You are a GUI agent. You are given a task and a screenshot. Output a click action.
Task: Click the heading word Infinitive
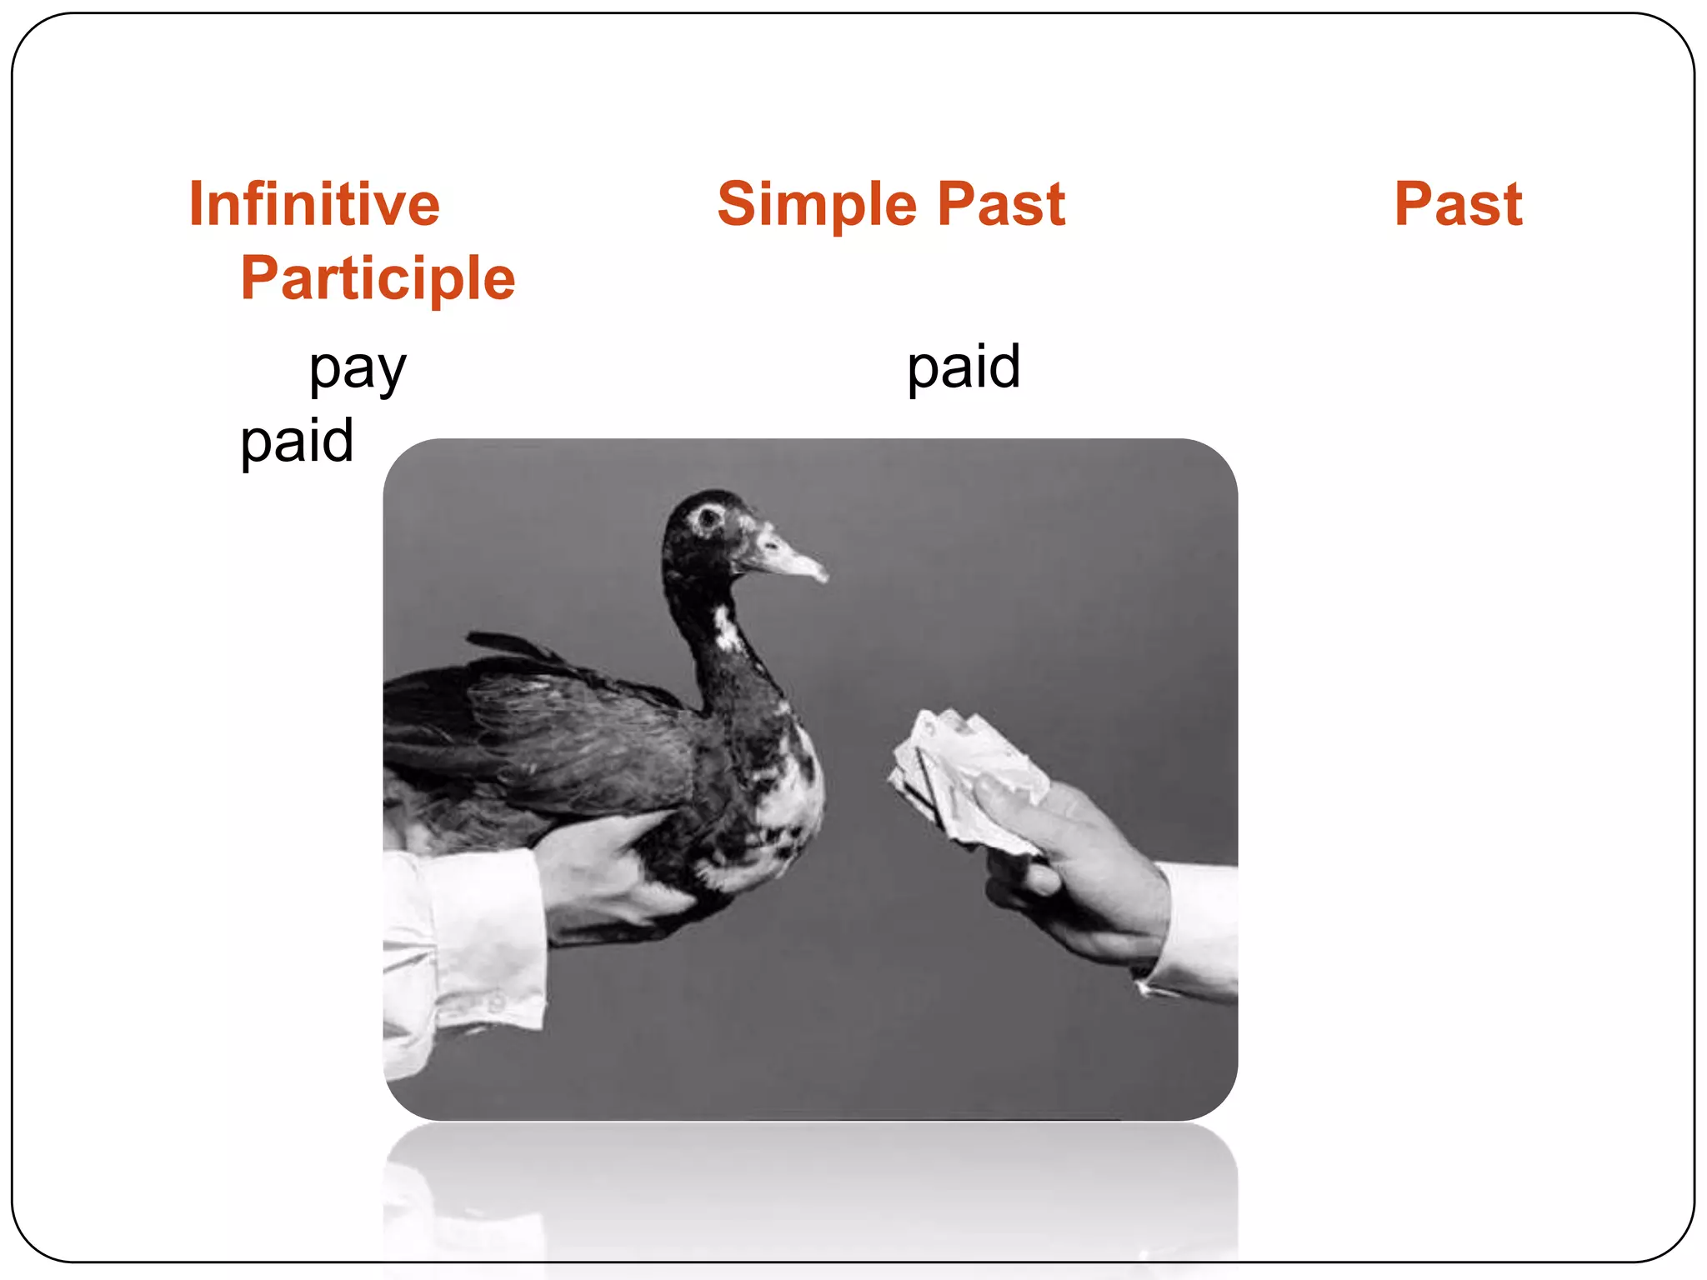[x=314, y=204]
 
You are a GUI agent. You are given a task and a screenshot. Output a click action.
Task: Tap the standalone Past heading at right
[x=1458, y=204]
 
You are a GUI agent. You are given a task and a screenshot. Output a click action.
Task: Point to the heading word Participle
[x=378, y=278]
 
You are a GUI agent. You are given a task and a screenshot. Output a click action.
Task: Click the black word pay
[x=358, y=368]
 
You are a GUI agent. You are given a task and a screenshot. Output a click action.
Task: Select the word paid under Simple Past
[x=963, y=367]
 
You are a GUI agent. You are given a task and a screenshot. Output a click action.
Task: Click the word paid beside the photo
[x=297, y=441]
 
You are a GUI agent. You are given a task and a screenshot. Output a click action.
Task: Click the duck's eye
[x=709, y=517]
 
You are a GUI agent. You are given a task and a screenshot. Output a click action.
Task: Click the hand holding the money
[x=1075, y=875]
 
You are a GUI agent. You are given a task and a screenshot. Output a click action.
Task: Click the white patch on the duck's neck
[x=727, y=629]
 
